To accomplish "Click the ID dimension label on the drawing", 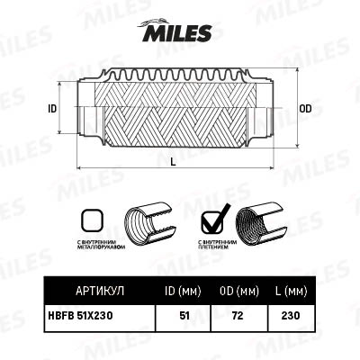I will point(53,108).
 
